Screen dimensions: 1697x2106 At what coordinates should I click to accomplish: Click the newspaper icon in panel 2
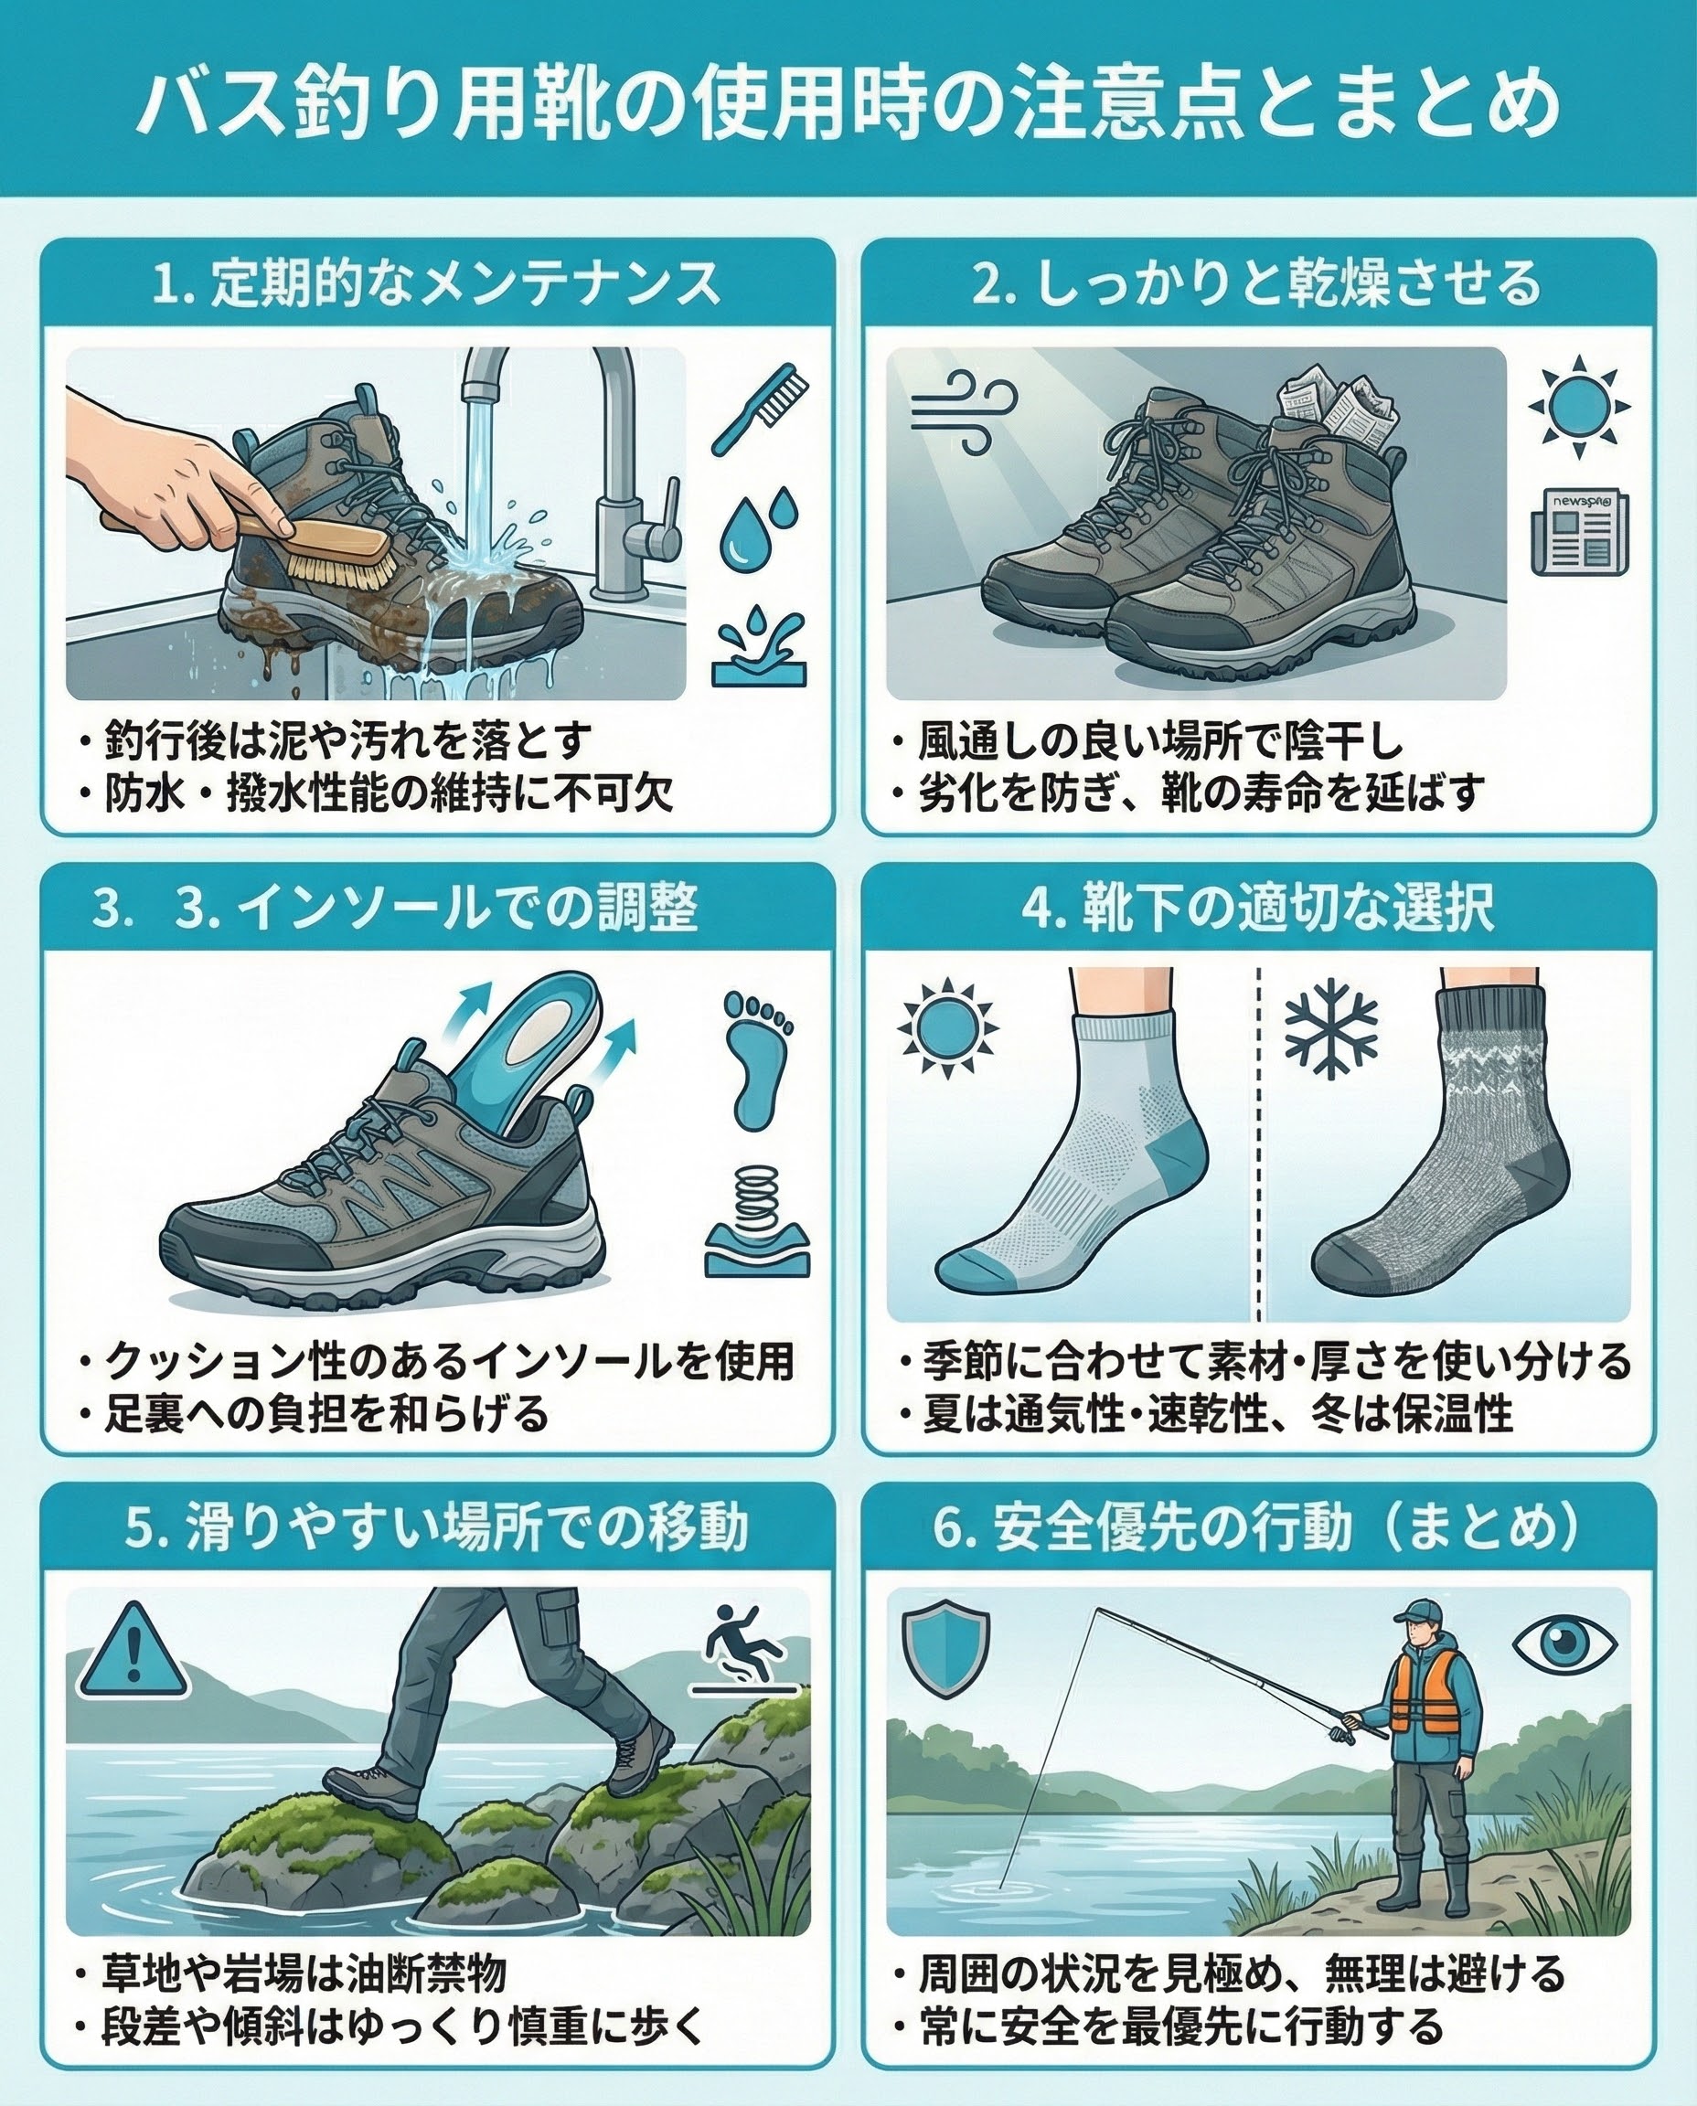[x=1580, y=532]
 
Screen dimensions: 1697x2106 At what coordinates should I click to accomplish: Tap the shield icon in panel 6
[x=945, y=1652]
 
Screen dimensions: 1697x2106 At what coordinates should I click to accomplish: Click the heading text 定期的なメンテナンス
[x=465, y=284]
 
